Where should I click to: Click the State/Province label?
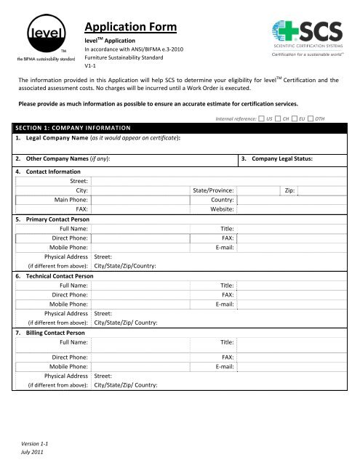[x=212, y=190]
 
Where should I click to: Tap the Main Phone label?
[x=67, y=200]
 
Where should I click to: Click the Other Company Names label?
[x=63, y=158]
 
